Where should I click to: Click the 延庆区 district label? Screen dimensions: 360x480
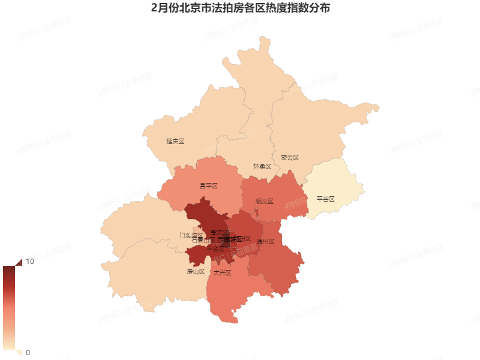(x=175, y=142)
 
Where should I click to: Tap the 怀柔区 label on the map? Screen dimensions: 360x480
(x=262, y=166)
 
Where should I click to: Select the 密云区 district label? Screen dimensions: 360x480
(x=289, y=158)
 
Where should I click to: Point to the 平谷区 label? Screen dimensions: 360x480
(x=325, y=199)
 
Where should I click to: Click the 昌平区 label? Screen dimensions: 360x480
(x=208, y=186)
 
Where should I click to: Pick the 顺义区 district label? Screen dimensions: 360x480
(x=264, y=202)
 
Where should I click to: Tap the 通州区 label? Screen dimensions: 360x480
(x=265, y=242)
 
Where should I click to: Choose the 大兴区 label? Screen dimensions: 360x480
(x=222, y=272)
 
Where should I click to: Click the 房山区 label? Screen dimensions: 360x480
(x=196, y=272)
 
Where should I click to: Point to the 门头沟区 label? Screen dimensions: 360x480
(x=191, y=235)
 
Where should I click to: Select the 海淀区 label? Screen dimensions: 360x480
(x=219, y=232)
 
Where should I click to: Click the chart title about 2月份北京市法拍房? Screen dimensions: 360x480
(x=240, y=9)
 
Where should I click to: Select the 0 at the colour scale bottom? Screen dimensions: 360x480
(x=28, y=352)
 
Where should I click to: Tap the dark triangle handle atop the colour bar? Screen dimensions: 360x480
(x=17, y=262)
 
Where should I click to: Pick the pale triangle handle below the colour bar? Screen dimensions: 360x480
(x=17, y=353)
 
